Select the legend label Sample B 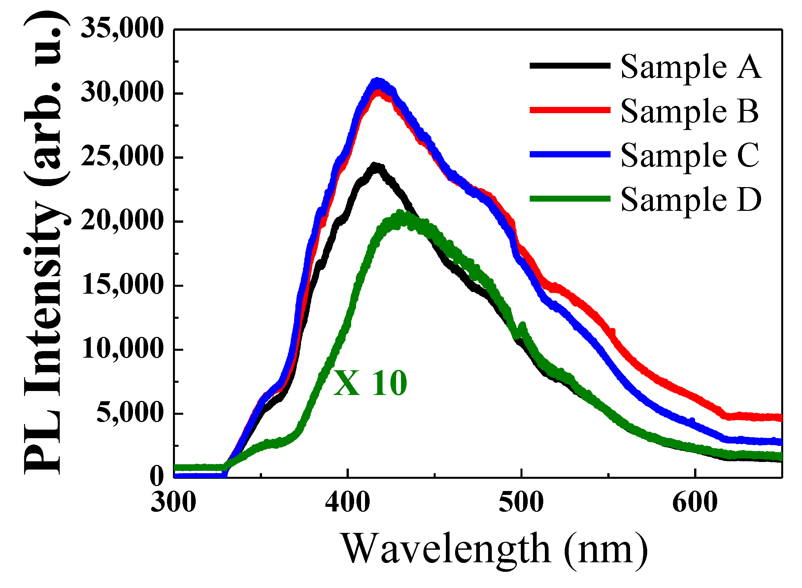(x=689, y=111)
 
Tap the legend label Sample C (x=690, y=155)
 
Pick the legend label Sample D (x=690, y=200)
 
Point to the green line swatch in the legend (x=570, y=199)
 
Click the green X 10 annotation (x=370, y=383)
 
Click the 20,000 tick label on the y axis (x=122, y=221)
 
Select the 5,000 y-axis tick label (x=130, y=413)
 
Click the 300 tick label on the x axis (x=173, y=503)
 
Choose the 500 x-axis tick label (x=521, y=503)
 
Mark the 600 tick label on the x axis (x=694, y=503)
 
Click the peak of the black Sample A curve (x=375, y=166)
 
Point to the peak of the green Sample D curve (x=400, y=213)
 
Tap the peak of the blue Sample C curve (x=377, y=81)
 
